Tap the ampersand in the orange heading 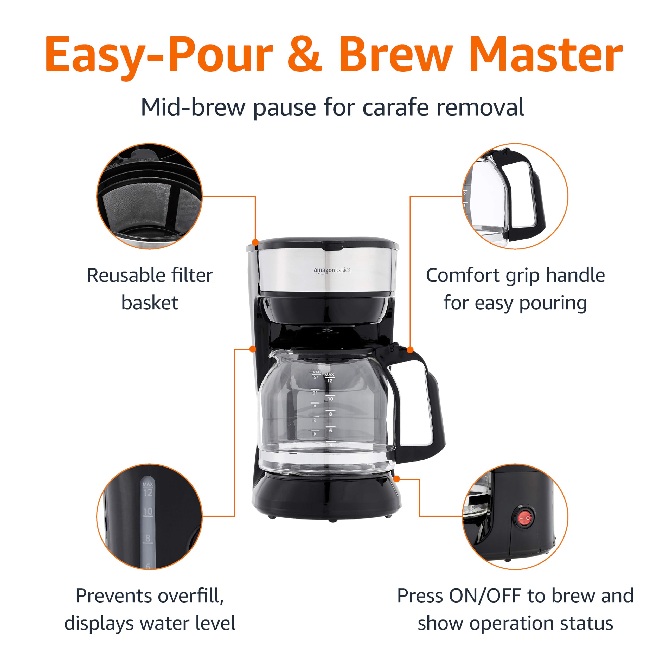click(305, 55)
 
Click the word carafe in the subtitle click(396, 107)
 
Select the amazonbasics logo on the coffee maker click(332, 270)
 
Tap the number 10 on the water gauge click(148, 511)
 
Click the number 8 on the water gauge click(148, 538)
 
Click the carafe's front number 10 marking click(330, 399)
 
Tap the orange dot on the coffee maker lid click(255, 242)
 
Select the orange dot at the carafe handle click(410, 350)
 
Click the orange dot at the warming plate click(396, 479)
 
